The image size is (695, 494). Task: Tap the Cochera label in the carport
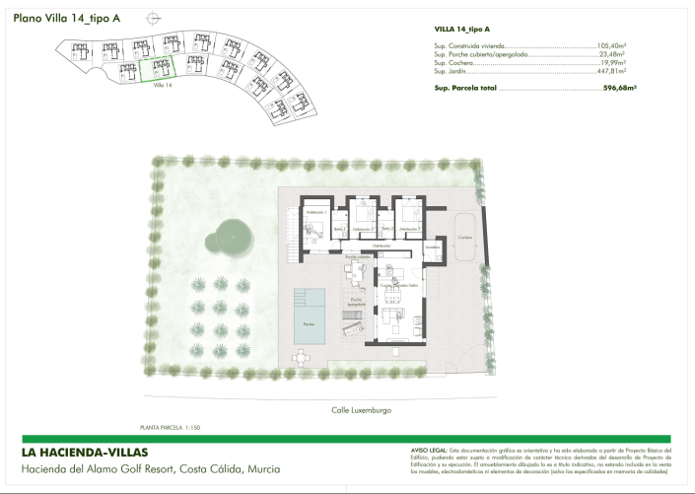[465, 238]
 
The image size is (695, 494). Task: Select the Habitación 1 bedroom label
[315, 213]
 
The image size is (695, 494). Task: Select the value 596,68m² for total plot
[619, 88]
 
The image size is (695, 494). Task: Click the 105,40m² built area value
[612, 45]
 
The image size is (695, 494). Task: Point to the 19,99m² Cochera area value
[615, 63]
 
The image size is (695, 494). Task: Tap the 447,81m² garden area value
[612, 71]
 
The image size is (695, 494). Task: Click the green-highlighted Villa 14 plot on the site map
[155, 69]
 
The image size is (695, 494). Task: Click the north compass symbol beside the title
[151, 18]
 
